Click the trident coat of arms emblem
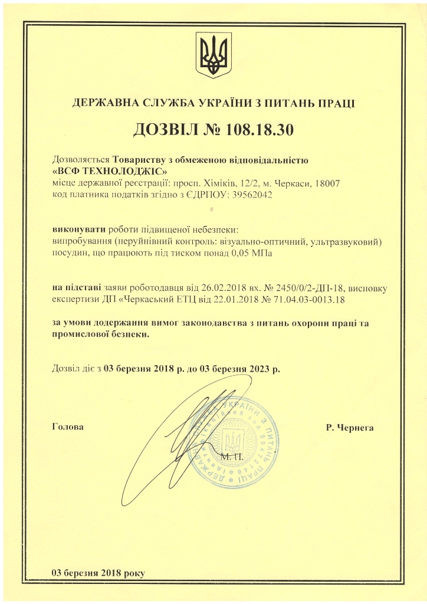(x=213, y=55)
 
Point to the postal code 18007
(x=327, y=183)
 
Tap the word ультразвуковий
(x=349, y=241)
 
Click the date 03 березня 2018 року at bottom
(x=98, y=573)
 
